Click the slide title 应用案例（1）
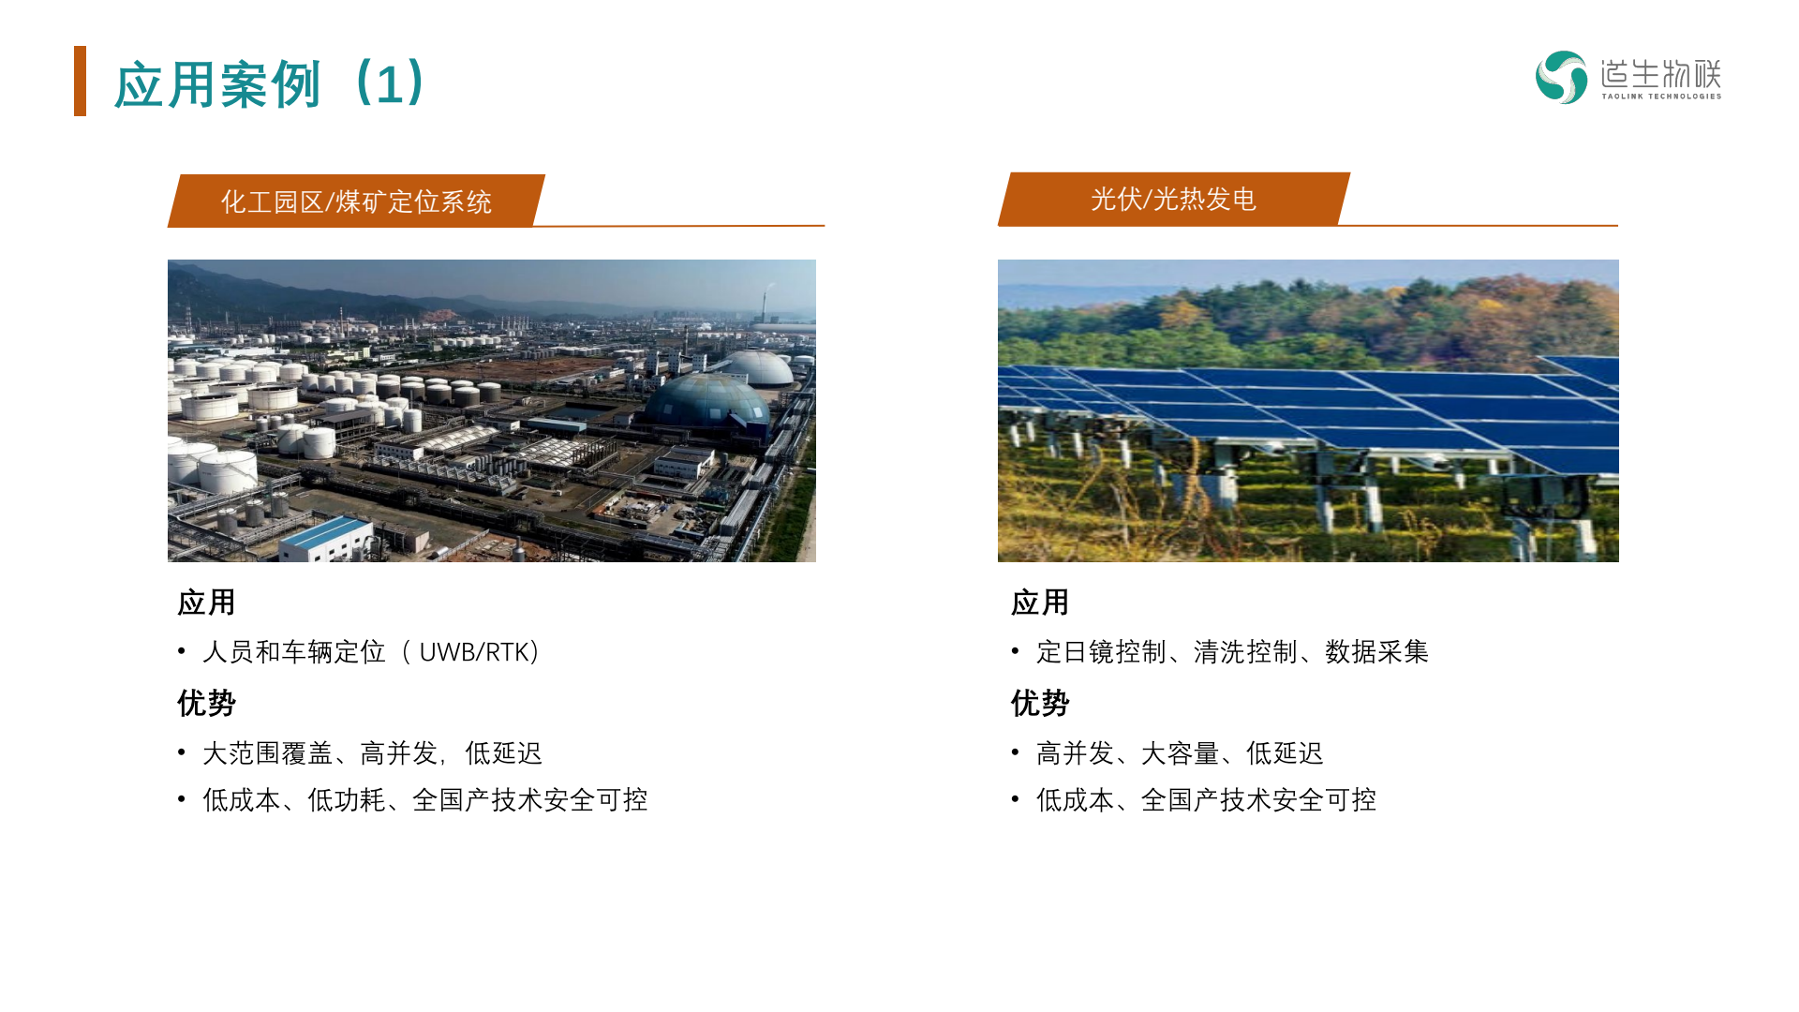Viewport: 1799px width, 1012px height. pos(272,83)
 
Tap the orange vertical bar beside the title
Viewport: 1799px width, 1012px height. pos(80,82)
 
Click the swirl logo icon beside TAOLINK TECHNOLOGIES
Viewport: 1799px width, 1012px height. pos(1561,77)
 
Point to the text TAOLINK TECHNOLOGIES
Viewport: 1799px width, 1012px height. pos(1661,96)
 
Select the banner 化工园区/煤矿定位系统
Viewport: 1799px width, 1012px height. pos(356,201)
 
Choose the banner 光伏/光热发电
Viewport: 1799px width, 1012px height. pos(1173,199)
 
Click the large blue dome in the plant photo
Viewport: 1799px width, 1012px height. pos(708,401)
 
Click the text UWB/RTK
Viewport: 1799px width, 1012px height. pos(473,651)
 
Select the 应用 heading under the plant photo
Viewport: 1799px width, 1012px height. pos(206,603)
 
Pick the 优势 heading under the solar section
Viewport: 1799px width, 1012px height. pos(1040,703)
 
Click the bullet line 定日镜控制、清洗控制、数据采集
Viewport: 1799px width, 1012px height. pos(1232,651)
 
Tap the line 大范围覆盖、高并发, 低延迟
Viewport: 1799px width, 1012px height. pos(372,752)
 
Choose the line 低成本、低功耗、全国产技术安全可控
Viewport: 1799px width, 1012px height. pos(425,799)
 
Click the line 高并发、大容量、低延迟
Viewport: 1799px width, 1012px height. pos(1180,752)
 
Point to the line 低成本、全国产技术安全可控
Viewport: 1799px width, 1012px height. pos(1206,799)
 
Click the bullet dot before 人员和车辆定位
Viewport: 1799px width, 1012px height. pos(182,650)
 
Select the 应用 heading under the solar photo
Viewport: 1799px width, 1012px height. pos(1040,603)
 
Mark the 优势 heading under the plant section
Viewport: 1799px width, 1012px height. pos(206,703)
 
